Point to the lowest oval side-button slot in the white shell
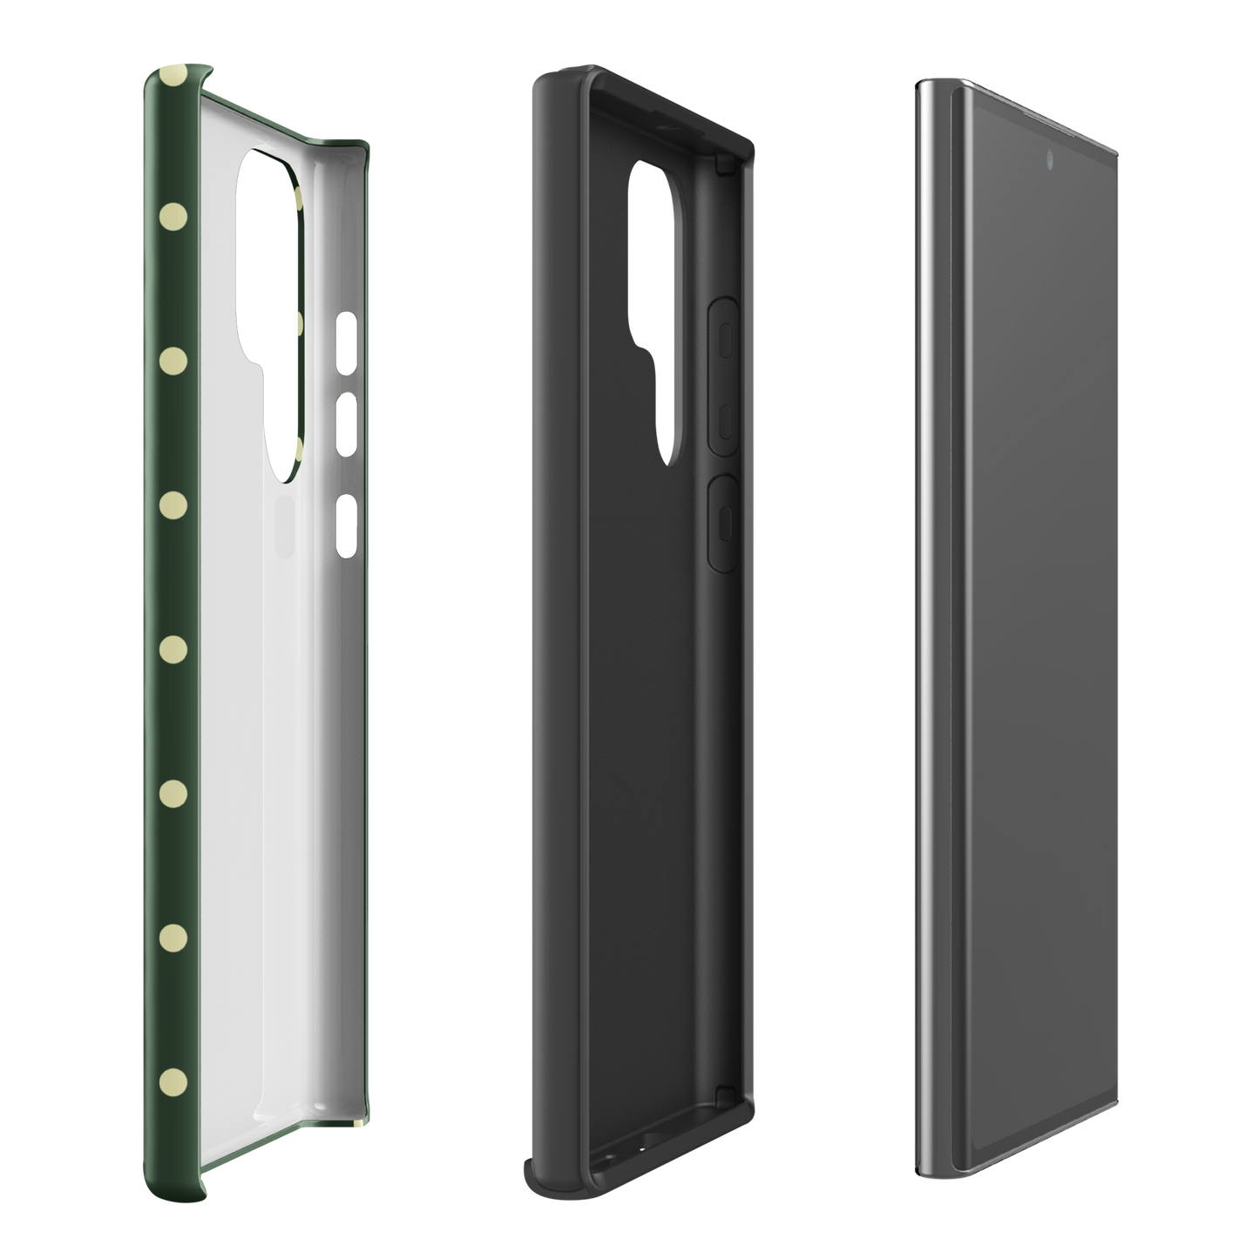tap(346, 526)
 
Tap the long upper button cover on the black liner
tap(723, 376)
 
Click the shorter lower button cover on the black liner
tap(723, 523)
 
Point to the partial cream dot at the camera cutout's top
tap(299, 199)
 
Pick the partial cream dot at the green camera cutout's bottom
tap(299, 449)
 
